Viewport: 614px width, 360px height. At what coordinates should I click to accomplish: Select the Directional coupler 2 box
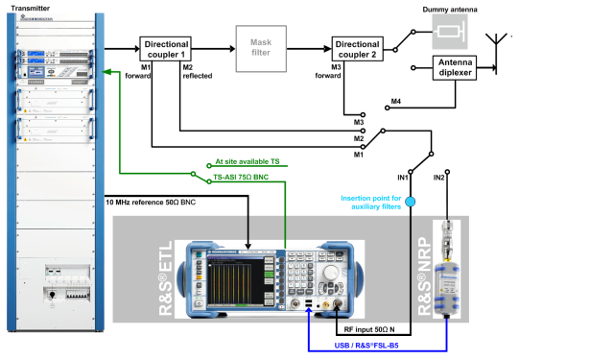coord(357,48)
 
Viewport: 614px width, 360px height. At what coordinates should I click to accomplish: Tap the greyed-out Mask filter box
coord(261,48)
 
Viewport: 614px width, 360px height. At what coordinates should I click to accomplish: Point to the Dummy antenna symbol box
coord(448,33)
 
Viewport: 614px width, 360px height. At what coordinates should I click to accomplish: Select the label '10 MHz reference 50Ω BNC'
coord(152,203)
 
